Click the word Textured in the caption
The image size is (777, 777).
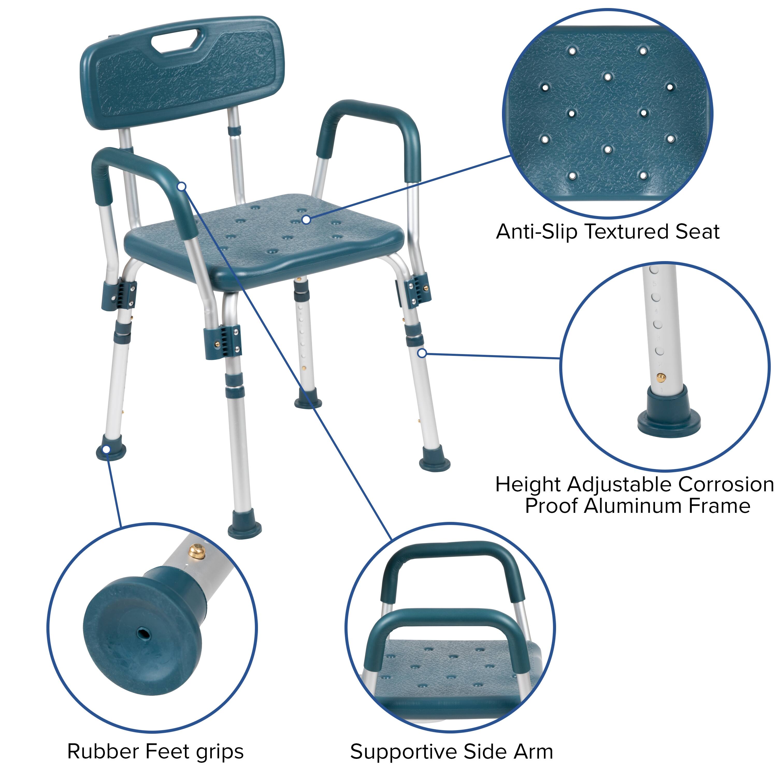[627, 232]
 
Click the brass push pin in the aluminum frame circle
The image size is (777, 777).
[661, 378]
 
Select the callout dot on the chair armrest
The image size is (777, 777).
[182, 186]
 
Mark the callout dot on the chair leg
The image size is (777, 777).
[421, 353]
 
